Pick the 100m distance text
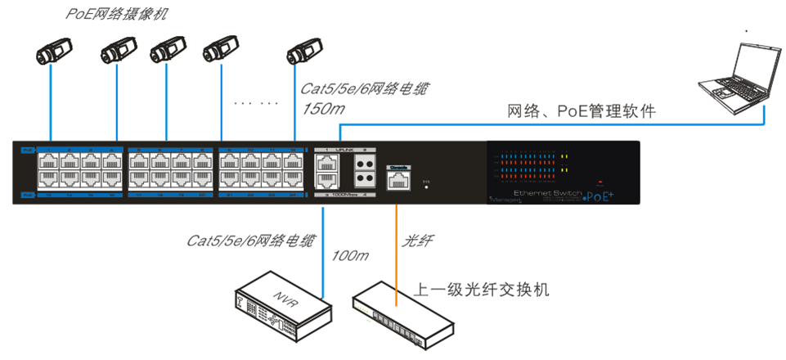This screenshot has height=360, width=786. pos(349,255)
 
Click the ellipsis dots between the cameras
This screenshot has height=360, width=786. pos(255,104)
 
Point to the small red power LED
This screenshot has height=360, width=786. pos(600,181)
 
